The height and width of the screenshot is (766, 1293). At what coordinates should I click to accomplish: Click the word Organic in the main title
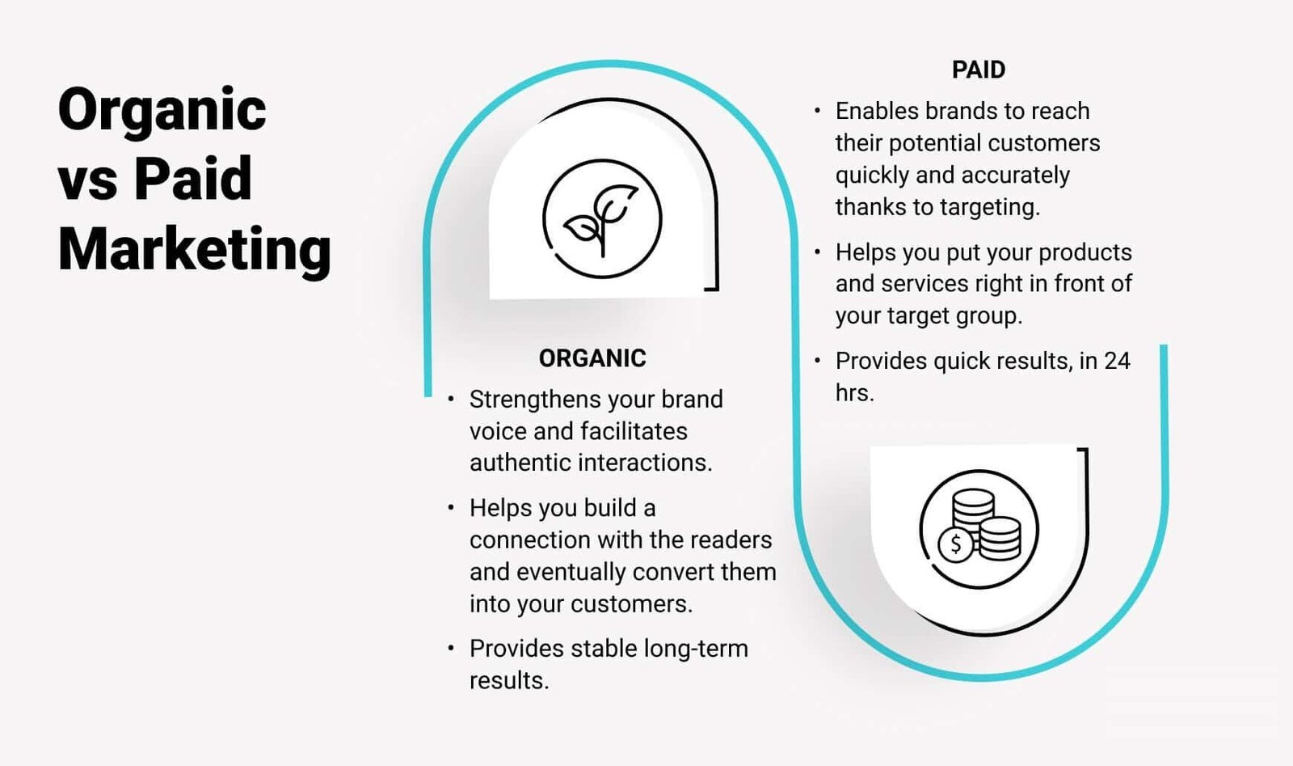coord(162,111)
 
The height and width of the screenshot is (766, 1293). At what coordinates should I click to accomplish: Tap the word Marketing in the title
coord(194,248)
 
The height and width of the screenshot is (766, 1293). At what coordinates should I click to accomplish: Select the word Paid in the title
coord(192,179)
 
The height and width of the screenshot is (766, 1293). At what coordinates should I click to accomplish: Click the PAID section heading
coord(978,70)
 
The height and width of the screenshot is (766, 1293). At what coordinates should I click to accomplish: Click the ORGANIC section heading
coord(592,358)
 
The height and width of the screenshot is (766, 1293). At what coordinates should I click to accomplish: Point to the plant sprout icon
coord(602,218)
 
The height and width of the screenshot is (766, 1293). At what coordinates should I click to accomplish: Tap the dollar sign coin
coord(955,544)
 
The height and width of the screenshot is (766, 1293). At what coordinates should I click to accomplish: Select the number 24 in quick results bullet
coord(1116,361)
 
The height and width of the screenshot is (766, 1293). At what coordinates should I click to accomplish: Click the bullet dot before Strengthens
coord(451,400)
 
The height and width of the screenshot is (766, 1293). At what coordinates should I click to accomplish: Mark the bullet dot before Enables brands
coord(817,111)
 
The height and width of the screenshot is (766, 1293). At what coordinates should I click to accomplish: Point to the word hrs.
coord(854,393)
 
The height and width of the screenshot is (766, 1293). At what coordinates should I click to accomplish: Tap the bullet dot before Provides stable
coord(451,649)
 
